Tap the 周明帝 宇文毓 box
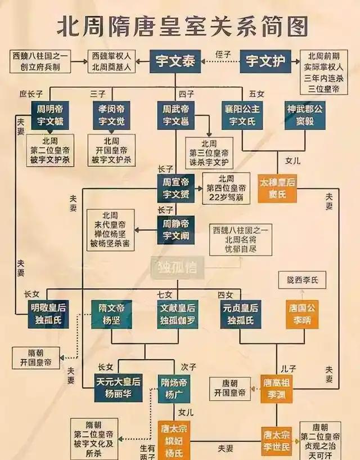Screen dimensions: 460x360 tap(49, 115)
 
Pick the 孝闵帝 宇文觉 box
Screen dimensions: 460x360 tap(112, 115)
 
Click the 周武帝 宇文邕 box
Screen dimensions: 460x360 tap(176, 115)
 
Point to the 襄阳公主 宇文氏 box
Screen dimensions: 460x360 tap(242, 115)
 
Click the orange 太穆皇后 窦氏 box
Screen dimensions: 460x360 tap(277, 189)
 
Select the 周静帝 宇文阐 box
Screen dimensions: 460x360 tap(176, 230)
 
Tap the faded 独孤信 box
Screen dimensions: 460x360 tap(177, 268)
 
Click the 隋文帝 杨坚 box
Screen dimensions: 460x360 tap(111, 314)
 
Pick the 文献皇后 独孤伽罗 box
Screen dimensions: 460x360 tap(177, 314)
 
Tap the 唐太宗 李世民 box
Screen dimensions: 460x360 tap(276, 440)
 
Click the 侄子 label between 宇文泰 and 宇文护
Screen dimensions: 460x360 tap(223, 55)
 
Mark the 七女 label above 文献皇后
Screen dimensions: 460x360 tap(164, 294)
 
